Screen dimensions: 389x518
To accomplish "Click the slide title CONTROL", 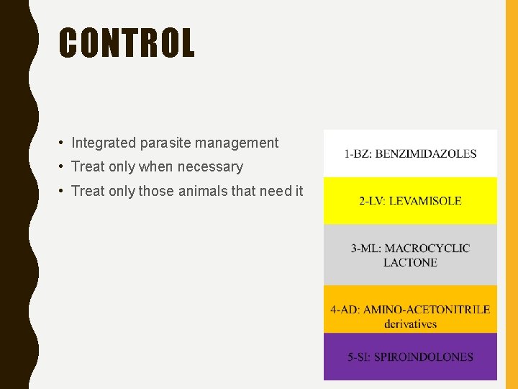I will [127, 43].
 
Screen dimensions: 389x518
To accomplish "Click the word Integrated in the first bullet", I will [103, 143].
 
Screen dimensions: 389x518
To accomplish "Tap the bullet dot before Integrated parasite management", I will [63, 143].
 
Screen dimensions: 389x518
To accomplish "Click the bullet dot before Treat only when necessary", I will [63, 167].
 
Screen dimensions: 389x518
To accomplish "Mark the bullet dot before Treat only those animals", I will [63, 192].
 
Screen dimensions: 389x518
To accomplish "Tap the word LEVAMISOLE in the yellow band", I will [425, 201].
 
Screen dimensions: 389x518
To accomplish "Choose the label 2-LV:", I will [372, 201].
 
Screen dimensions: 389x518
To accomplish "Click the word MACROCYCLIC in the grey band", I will [431, 249].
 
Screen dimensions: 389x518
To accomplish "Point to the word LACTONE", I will [410, 262].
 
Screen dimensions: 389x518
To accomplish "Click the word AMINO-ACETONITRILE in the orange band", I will [427, 310].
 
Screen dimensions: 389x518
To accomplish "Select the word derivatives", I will [410, 323].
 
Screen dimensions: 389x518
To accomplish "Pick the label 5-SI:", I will [362, 357].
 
